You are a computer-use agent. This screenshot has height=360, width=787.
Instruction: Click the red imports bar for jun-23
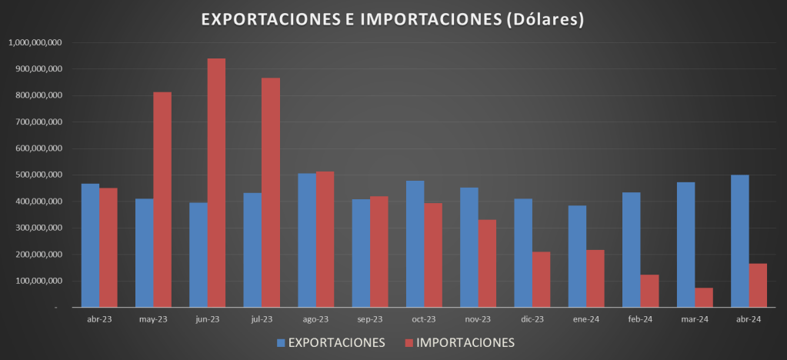(x=216, y=183)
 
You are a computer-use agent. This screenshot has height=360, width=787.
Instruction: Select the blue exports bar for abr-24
(x=740, y=241)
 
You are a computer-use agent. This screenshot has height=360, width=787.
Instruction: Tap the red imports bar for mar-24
(x=704, y=297)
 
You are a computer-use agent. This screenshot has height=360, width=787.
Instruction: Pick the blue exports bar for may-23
(x=145, y=253)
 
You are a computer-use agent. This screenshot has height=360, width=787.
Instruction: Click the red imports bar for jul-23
(x=271, y=192)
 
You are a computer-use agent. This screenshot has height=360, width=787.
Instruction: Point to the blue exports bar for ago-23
(x=307, y=240)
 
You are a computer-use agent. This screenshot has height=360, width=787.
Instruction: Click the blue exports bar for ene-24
(x=578, y=256)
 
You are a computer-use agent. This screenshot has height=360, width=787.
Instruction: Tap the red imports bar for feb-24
(x=650, y=291)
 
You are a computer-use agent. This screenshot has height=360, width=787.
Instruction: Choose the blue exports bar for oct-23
(x=415, y=244)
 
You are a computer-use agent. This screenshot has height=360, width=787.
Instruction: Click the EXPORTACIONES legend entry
(x=331, y=342)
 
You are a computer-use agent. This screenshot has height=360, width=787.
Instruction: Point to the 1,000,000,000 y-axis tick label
(x=35, y=42)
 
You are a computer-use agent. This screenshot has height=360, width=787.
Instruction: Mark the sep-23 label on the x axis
(x=370, y=319)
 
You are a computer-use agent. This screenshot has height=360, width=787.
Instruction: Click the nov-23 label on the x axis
(x=479, y=319)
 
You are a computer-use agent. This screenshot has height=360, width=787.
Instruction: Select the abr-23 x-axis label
(x=99, y=319)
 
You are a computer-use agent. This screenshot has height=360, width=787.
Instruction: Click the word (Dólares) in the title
(x=544, y=19)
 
